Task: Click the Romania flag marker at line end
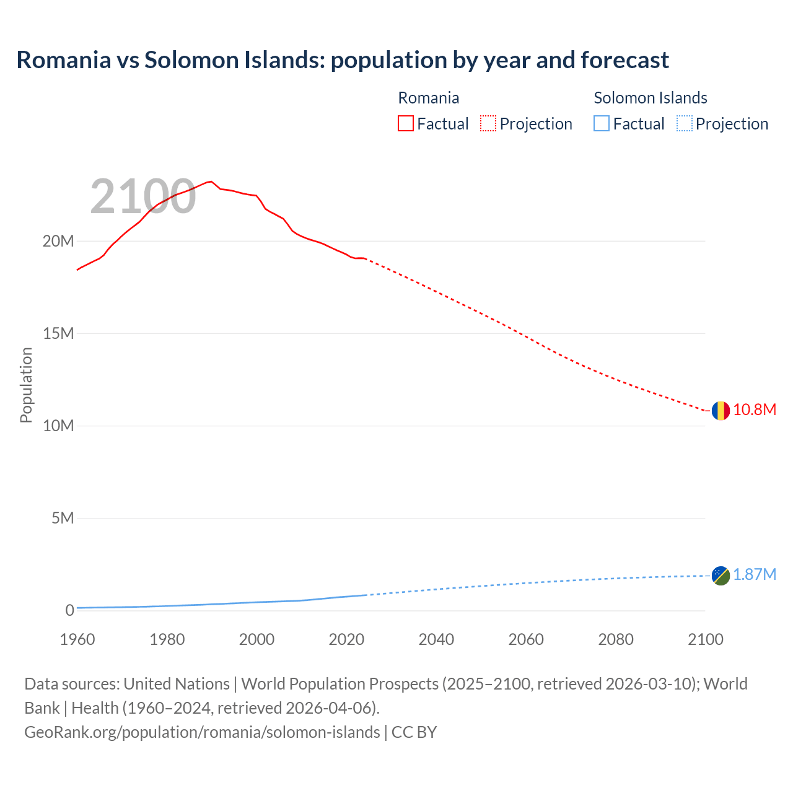click(720, 410)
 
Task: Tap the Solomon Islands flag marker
click(720, 576)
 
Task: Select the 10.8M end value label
click(755, 410)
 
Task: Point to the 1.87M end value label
click(755, 575)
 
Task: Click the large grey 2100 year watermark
click(143, 196)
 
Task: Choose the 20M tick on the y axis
click(58, 241)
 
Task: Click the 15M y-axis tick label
click(58, 334)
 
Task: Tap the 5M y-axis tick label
click(63, 518)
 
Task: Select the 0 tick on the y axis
click(69, 611)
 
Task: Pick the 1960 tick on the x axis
click(77, 639)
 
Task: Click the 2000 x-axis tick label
click(256, 639)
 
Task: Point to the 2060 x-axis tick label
click(526, 639)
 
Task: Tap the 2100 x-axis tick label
click(706, 639)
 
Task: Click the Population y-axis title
click(26, 385)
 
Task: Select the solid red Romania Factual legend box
click(406, 124)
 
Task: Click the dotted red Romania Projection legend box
click(488, 124)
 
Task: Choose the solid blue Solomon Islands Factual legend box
click(602, 124)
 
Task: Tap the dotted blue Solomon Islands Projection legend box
click(684, 124)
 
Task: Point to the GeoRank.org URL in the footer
click(202, 732)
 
